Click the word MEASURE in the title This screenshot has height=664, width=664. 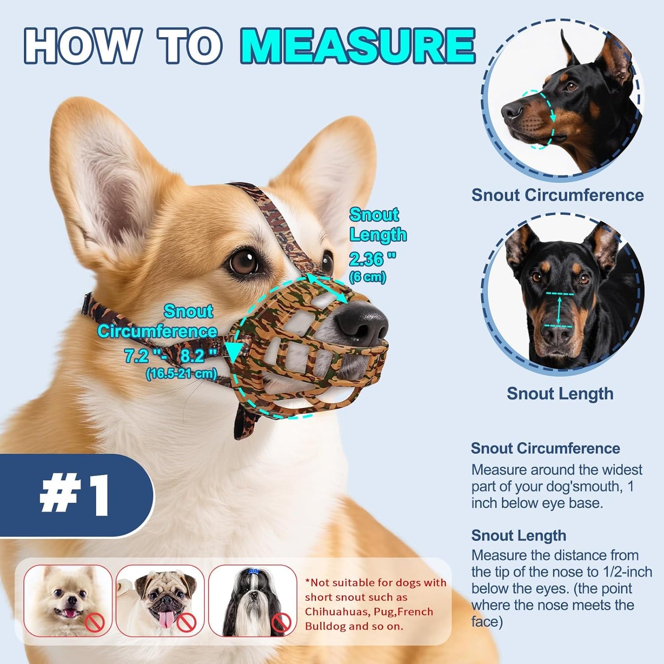pos(358,46)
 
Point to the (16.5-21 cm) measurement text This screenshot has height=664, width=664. pos(181,373)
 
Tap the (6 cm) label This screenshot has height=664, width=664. pos(367,278)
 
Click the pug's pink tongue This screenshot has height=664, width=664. pos(168,619)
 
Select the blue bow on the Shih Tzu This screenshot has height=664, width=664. pos(253,571)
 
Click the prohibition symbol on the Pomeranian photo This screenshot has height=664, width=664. pos(95,623)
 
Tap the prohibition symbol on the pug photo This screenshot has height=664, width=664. pos(187,623)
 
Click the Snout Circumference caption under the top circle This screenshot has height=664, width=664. pos(557,195)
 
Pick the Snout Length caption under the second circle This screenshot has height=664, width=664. pos(560,393)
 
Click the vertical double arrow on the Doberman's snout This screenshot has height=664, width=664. pos(559,310)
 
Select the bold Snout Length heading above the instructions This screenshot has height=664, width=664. pos(518,535)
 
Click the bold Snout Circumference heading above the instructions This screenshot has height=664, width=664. pos(545,448)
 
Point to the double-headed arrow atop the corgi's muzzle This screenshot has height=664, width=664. pos(327,288)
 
